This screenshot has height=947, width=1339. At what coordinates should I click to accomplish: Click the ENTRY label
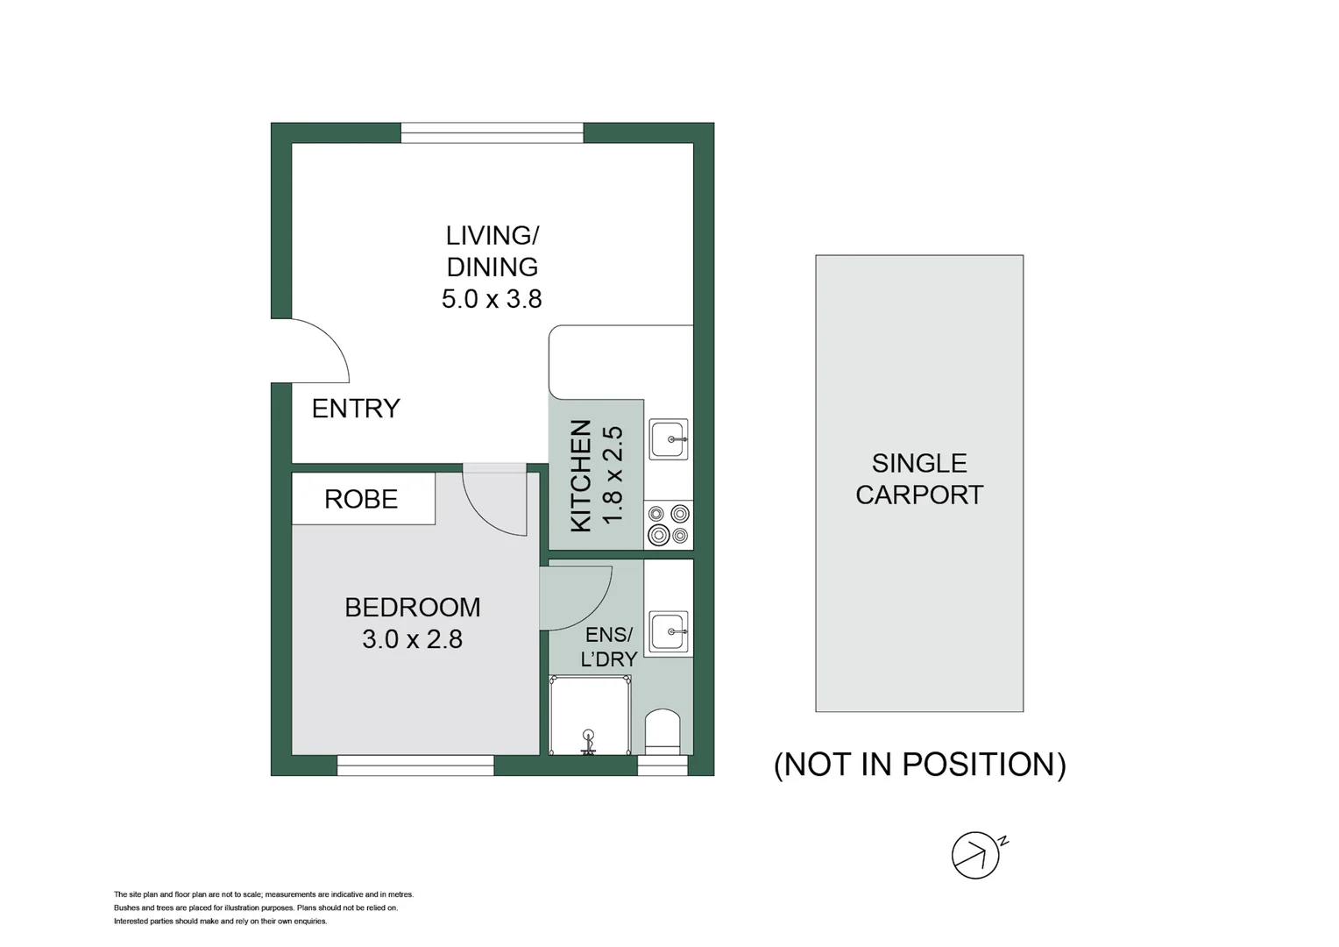pos(356,409)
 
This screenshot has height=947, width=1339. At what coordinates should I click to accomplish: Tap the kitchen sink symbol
pos(669,438)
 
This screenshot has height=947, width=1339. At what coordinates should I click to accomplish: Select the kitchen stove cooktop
pos(669,524)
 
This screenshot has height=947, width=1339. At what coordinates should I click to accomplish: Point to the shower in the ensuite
pos(589,715)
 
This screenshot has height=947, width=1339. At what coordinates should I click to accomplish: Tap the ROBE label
pos(361,499)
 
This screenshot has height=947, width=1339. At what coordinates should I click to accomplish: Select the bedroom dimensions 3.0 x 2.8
pos(412,639)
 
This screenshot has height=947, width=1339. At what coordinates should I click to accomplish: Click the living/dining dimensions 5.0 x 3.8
pos(492,299)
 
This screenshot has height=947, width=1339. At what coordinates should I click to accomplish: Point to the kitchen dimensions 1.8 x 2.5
pos(613,475)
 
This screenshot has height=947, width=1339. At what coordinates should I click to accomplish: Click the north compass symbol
pos(977,854)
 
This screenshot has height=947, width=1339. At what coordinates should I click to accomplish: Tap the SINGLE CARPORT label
pos(919,479)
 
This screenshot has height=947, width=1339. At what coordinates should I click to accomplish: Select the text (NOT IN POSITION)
pos(919,765)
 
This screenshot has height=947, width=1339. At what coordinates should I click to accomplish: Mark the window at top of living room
pos(492,132)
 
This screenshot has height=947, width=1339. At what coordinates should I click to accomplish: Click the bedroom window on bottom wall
pos(415,766)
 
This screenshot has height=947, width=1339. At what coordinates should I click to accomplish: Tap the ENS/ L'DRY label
pos(608,646)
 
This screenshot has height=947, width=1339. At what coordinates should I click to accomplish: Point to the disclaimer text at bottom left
pos(263,908)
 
